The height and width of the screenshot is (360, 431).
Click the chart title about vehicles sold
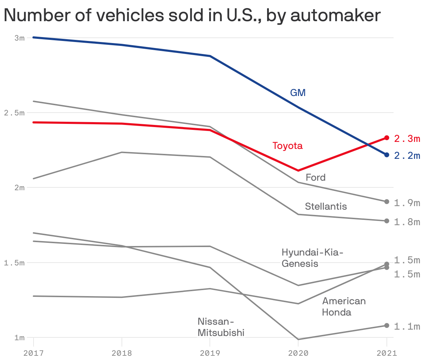(x=192, y=16)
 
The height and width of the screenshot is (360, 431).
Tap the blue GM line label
(x=297, y=93)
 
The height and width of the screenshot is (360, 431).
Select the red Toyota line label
(x=287, y=146)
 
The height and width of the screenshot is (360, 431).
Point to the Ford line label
(x=315, y=177)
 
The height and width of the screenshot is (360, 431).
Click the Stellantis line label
(x=326, y=206)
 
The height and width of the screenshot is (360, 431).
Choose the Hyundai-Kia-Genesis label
(x=312, y=258)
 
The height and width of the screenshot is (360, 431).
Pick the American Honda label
(x=343, y=306)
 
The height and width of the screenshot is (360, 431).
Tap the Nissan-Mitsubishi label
(x=221, y=327)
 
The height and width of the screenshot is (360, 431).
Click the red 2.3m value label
(x=407, y=139)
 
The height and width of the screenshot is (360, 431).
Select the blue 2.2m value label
(x=407, y=156)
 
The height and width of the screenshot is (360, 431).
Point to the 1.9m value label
(x=407, y=203)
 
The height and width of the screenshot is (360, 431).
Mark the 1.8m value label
(x=407, y=222)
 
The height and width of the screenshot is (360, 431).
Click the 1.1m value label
(x=407, y=326)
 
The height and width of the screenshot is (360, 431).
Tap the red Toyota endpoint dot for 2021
(x=386, y=138)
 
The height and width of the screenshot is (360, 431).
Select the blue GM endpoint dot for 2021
(x=386, y=155)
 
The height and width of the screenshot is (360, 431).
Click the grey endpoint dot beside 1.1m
(x=386, y=325)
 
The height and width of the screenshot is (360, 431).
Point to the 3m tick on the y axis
(x=19, y=38)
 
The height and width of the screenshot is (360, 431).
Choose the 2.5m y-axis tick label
(x=14, y=113)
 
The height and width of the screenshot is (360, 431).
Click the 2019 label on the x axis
(x=210, y=353)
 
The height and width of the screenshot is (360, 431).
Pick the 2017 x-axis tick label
(x=33, y=353)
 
